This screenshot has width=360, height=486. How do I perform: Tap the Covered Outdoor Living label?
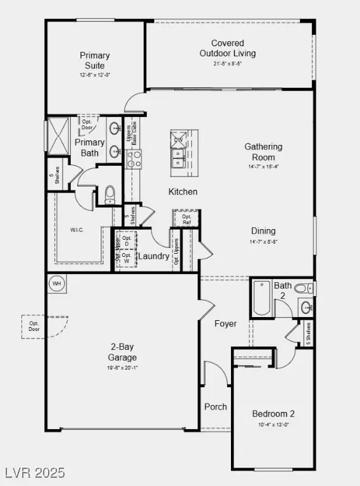point(227,48)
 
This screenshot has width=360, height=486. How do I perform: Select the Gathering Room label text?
point(263,152)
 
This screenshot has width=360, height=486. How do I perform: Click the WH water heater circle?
point(56,283)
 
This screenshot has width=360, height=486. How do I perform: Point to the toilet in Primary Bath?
point(110,193)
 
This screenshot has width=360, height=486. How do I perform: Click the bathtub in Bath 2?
point(261,299)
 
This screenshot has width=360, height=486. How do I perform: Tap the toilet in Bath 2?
point(302,289)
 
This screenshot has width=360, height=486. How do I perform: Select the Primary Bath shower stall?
point(58,135)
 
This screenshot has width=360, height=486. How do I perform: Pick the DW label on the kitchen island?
point(178,139)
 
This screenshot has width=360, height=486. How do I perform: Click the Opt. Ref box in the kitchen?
point(187,219)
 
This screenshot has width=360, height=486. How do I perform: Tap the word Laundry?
point(154,256)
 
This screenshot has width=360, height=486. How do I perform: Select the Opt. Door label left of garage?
point(34,326)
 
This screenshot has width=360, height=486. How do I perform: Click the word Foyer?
point(225,323)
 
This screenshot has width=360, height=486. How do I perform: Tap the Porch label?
point(215,407)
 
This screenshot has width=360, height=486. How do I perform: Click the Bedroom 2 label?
point(273,414)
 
